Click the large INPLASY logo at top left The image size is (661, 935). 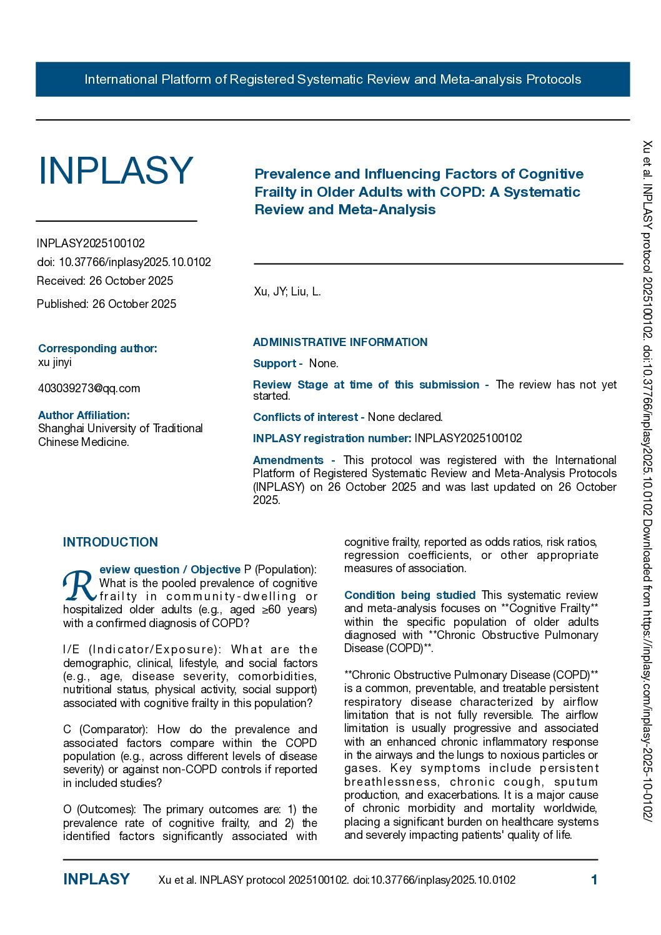[x=116, y=171]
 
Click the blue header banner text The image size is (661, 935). [x=332, y=79]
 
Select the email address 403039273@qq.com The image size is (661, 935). [x=89, y=388]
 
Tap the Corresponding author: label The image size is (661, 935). [x=97, y=349]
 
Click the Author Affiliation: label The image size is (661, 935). [x=84, y=415]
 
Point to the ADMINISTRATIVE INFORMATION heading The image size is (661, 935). [x=340, y=342]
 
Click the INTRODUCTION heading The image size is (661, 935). [x=110, y=542]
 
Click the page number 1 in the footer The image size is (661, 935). [x=594, y=880]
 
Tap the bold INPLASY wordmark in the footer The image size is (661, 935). [x=96, y=879]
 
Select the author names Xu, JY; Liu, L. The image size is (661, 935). [x=287, y=292]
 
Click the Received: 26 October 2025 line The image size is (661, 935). [x=105, y=281]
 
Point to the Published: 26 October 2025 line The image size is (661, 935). [x=106, y=304]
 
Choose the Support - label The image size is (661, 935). [x=277, y=364]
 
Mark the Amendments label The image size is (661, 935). [x=289, y=460]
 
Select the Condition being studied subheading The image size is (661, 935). [x=410, y=595]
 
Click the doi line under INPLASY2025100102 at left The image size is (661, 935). [x=124, y=262]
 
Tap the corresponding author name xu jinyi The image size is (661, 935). [x=55, y=362]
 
